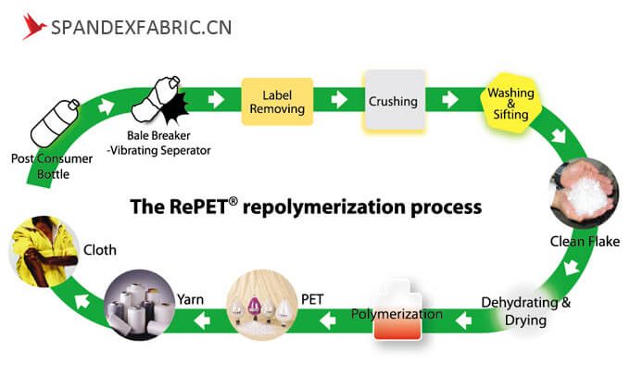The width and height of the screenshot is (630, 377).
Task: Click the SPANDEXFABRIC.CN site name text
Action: click(x=141, y=26)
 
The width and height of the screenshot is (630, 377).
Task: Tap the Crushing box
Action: click(x=393, y=101)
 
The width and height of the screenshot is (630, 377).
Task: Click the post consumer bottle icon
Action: click(x=52, y=121)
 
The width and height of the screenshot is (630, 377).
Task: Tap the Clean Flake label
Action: click(x=585, y=243)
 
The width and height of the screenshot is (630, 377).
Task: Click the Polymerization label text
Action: click(x=397, y=316)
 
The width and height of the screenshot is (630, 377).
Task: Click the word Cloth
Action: click(x=100, y=250)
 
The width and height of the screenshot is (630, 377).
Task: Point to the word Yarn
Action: click(x=189, y=298)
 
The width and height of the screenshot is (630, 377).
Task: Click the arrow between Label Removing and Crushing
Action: click(x=339, y=99)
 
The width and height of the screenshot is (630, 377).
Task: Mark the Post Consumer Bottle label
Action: click(x=52, y=166)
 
